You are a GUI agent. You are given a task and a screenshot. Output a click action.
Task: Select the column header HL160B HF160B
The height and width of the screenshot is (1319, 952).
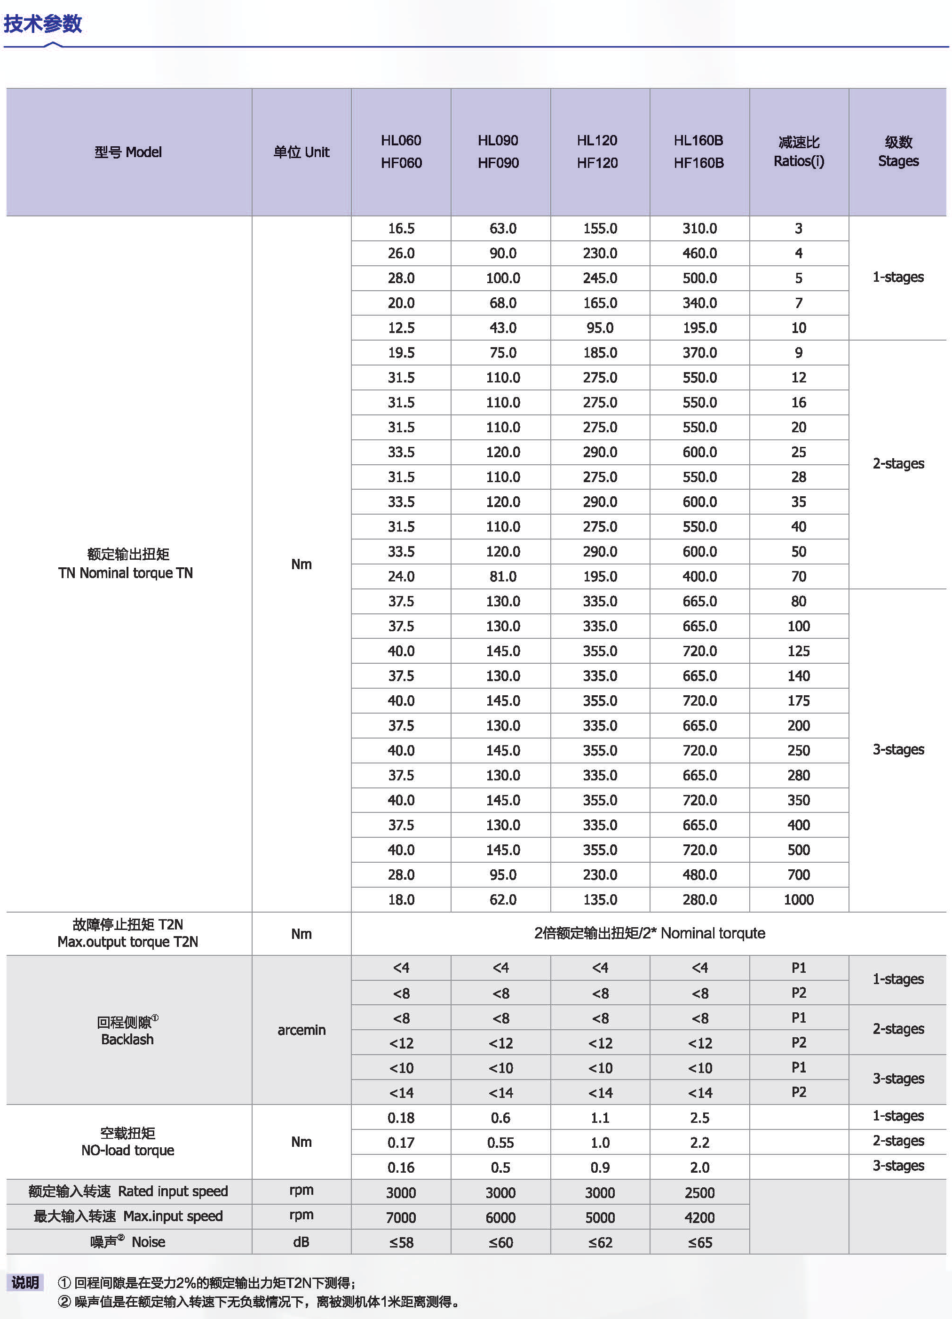pyautogui.click(x=698, y=152)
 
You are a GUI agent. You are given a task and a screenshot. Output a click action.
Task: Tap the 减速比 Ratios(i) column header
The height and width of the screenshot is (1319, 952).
pyautogui.click(x=799, y=152)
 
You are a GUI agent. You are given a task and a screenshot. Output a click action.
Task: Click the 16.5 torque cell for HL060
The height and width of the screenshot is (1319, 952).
pyautogui.click(x=401, y=229)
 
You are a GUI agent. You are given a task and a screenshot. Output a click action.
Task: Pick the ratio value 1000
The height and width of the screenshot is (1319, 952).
pyautogui.click(x=799, y=900)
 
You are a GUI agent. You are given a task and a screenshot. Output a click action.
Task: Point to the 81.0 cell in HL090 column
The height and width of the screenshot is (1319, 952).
pyautogui.click(x=502, y=576)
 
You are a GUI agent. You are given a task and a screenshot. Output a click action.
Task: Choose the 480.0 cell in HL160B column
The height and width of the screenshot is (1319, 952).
pyautogui.click(x=699, y=874)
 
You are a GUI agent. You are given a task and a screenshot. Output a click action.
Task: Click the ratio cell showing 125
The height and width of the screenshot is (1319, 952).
pyautogui.click(x=799, y=651)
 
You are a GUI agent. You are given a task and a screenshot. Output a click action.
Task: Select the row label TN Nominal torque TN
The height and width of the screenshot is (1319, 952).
pyautogui.click(x=126, y=573)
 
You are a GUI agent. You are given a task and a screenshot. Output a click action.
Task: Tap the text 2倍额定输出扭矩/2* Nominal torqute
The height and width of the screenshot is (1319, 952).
pyautogui.click(x=649, y=933)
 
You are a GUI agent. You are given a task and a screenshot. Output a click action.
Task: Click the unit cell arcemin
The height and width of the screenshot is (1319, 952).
pyautogui.click(x=301, y=1030)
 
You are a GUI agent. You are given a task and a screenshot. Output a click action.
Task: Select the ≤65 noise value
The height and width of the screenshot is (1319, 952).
pyautogui.click(x=699, y=1242)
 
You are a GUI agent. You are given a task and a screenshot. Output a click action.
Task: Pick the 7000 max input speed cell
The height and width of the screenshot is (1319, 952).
pyautogui.click(x=401, y=1217)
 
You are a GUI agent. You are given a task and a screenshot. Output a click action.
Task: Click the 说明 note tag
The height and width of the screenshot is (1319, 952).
pyautogui.click(x=25, y=1282)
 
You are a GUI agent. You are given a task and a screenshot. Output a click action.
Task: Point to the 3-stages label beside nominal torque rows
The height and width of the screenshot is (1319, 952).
pyautogui.click(x=898, y=750)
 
